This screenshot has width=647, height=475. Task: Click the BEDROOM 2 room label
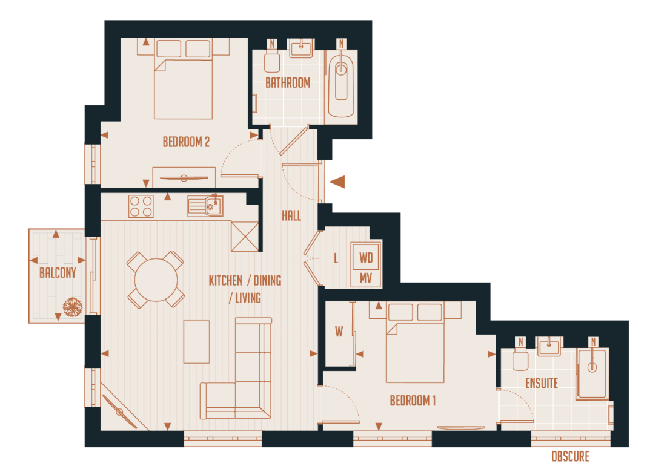(186, 142)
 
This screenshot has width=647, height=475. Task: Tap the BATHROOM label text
(288, 83)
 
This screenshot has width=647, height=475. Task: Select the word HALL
(291, 215)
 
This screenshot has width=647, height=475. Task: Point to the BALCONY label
(58, 273)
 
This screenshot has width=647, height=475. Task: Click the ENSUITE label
(542, 383)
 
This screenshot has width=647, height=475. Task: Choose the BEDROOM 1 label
(413, 401)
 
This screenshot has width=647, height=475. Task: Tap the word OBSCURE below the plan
(569, 457)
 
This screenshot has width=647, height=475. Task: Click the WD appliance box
(366, 257)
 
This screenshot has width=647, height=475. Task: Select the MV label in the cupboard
(366, 278)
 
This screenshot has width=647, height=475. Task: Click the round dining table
(156, 280)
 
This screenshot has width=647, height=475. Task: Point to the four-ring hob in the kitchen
(141, 206)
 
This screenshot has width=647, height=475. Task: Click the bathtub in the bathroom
(342, 86)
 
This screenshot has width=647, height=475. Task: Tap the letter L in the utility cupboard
(336, 258)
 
